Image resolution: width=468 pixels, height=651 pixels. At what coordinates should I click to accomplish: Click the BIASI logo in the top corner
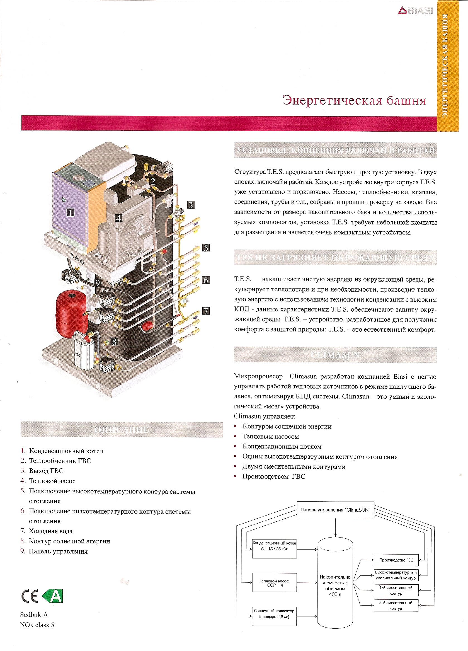tap(415, 11)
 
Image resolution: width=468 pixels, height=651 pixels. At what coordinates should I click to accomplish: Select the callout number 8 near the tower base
tap(114, 342)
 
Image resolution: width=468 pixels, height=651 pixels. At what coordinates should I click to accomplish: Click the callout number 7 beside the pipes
tap(206, 311)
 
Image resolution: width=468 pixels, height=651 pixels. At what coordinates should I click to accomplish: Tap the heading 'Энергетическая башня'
tap(354, 101)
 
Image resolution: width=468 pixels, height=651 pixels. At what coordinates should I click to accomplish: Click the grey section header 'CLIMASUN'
tap(335, 355)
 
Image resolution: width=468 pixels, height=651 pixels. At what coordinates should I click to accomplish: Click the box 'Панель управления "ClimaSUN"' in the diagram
tap(335, 510)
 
